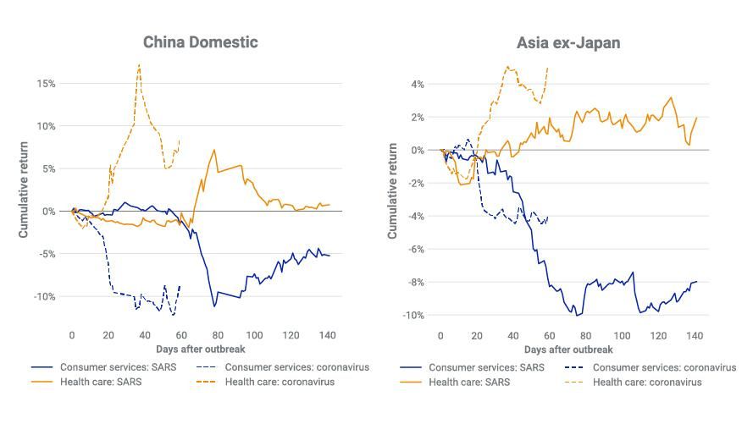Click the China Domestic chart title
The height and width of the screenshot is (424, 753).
click(200, 41)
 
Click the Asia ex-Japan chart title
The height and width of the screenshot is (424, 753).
click(568, 41)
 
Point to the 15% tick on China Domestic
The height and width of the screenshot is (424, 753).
click(46, 84)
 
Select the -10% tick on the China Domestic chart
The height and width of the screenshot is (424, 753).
click(44, 296)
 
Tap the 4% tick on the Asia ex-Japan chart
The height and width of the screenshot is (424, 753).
click(417, 84)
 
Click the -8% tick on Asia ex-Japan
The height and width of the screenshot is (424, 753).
click(415, 282)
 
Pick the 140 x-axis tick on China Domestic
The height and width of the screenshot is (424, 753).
click(325, 336)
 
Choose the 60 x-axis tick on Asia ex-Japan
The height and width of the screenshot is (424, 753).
click(550, 336)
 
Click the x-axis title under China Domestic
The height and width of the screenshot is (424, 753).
click(201, 349)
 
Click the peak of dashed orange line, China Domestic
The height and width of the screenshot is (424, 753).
click(139, 64)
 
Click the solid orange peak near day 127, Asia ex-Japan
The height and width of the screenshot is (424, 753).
click(671, 97)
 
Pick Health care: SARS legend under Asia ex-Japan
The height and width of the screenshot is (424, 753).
click(465, 382)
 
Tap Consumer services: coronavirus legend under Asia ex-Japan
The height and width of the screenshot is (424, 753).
click(664, 367)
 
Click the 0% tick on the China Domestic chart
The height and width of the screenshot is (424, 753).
click(48, 211)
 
